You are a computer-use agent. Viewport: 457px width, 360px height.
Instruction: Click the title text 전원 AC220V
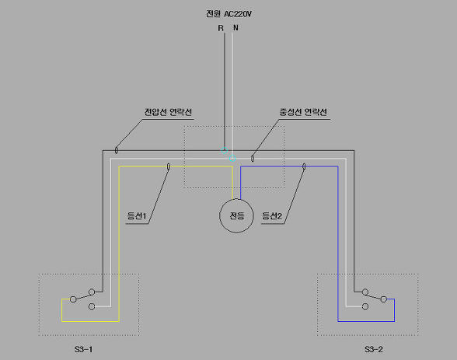(228, 14)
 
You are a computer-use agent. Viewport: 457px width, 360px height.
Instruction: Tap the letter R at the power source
(221, 28)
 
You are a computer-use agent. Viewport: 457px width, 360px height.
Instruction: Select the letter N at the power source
(235, 28)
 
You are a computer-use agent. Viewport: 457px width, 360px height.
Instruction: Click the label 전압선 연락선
(168, 112)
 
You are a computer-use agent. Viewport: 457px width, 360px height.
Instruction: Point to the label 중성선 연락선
(303, 112)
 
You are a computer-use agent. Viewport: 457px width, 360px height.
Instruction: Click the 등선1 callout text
(137, 216)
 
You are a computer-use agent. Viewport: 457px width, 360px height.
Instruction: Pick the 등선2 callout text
(272, 216)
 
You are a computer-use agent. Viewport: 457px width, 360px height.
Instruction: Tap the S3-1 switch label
(83, 349)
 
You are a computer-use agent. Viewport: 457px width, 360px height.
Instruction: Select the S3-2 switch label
(374, 349)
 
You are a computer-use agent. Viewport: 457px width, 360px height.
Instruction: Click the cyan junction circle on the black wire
(224, 150)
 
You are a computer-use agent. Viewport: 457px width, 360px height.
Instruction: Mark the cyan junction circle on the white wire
(232, 159)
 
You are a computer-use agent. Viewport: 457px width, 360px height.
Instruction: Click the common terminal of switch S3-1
(73, 299)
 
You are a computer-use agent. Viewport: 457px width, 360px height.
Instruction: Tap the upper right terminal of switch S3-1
(92, 292)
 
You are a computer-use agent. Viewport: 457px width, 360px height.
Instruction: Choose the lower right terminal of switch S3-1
(92, 306)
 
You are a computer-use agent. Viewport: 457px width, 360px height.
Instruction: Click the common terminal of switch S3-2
(384, 299)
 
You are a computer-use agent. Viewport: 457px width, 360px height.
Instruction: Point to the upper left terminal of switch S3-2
(365, 292)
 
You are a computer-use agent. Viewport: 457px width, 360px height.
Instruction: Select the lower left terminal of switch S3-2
(365, 306)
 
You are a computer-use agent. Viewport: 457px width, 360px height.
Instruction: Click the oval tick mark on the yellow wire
(169, 166)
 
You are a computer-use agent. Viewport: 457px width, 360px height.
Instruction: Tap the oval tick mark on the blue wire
(304, 166)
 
